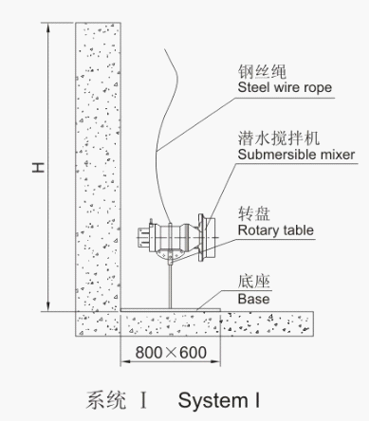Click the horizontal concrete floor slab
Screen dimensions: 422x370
[x=218, y=323]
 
